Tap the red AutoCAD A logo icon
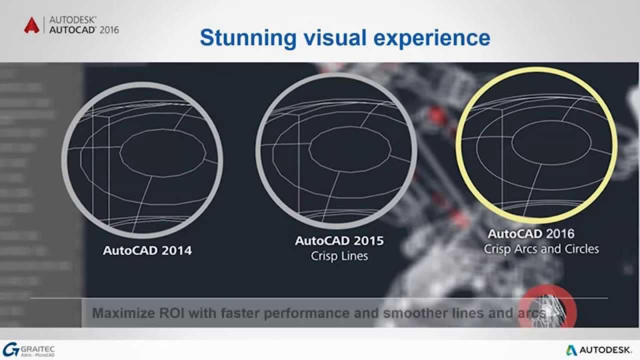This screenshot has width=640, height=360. click(31, 25)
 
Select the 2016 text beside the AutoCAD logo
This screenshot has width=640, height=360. click(109, 30)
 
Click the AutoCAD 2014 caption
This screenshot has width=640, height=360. click(147, 250)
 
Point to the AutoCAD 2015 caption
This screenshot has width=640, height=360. click(339, 240)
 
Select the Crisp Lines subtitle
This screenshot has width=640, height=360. click(339, 256)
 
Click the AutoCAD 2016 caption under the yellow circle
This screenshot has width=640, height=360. click(531, 233)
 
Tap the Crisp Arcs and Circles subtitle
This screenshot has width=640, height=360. click(541, 248)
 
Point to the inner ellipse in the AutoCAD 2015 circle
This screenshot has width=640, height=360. click(349, 148)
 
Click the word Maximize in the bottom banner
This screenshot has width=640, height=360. click(121, 313)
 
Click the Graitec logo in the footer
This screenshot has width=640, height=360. click(29, 349)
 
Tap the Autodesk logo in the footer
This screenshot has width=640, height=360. click(599, 349)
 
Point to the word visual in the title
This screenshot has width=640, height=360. click(340, 38)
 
